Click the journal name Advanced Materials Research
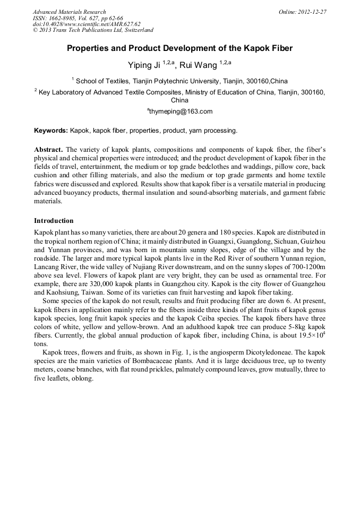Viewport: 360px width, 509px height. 69,12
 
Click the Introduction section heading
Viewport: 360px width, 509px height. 54,221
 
